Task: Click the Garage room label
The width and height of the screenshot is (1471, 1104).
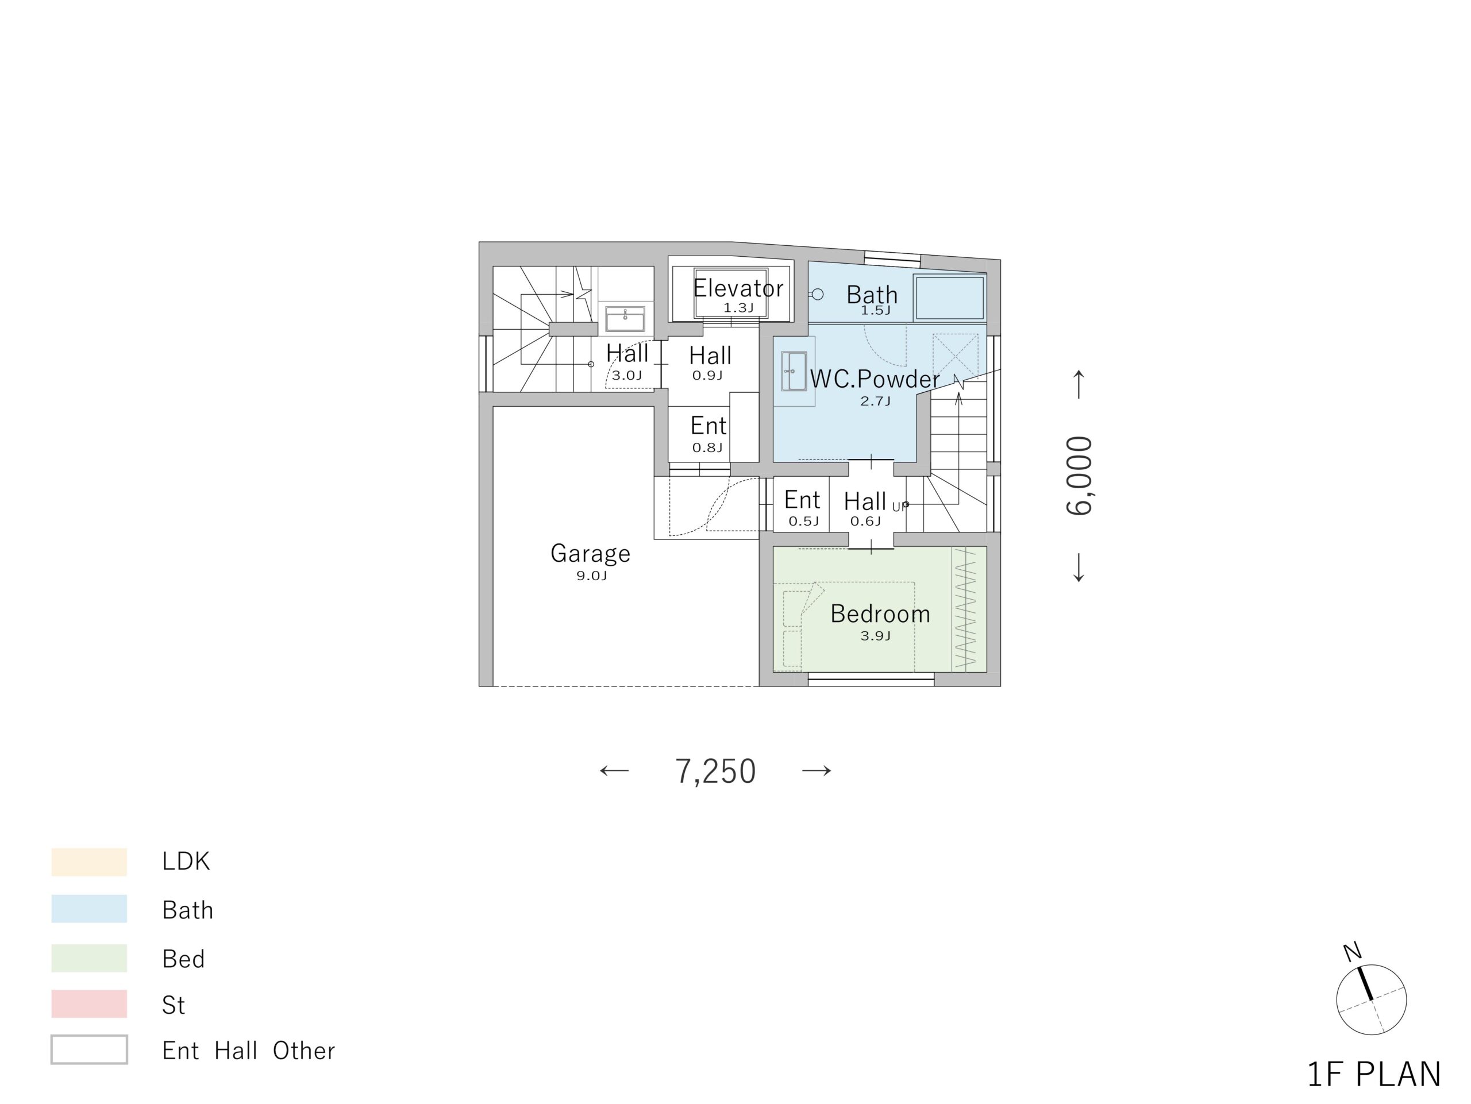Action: tap(590, 554)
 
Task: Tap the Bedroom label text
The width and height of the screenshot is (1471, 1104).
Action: tap(880, 614)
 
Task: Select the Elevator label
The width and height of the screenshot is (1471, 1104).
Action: tap(738, 288)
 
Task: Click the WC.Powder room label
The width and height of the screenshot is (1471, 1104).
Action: tap(875, 379)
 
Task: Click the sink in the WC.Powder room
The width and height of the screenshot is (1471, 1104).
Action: tap(794, 371)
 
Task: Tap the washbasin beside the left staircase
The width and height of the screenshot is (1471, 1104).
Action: tap(625, 319)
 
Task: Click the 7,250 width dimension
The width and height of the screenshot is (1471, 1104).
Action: tap(715, 771)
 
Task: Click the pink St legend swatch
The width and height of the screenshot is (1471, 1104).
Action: tap(89, 1003)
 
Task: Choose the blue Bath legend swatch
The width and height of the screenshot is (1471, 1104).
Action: tap(89, 909)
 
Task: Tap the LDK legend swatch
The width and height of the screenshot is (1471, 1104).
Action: tap(89, 862)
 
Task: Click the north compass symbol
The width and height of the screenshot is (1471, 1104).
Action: tap(1370, 998)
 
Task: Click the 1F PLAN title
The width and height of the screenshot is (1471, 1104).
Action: tap(1374, 1075)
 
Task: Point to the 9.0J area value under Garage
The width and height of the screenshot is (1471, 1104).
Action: tap(591, 576)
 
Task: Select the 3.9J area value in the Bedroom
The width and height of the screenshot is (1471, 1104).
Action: tap(875, 636)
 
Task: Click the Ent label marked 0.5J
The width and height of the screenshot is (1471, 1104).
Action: tap(802, 500)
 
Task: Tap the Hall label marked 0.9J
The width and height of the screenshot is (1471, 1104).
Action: tap(710, 356)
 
